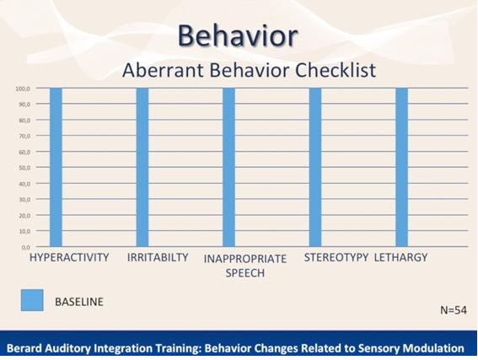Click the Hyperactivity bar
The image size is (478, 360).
pyautogui.click(x=56, y=167)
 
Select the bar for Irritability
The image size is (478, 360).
pyautogui.click(x=142, y=167)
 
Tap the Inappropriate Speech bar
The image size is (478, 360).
pyautogui.click(x=229, y=167)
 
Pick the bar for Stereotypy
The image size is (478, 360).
pyautogui.click(x=315, y=167)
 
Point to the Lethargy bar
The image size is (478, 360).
pyautogui.click(x=402, y=167)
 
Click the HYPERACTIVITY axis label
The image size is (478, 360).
pyautogui.click(x=69, y=258)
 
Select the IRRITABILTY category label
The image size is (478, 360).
pyautogui.click(x=158, y=258)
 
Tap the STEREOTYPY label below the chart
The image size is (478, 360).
pyautogui.click(x=336, y=258)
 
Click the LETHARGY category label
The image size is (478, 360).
pyautogui.click(x=400, y=258)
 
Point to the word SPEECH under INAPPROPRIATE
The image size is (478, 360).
pyautogui.click(x=245, y=273)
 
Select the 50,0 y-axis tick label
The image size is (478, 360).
pyautogui.click(x=24, y=168)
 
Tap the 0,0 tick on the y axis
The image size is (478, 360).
pyautogui.click(x=26, y=247)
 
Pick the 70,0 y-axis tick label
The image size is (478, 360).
pyautogui.click(x=24, y=136)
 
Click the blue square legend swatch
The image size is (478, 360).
pyautogui.click(x=32, y=300)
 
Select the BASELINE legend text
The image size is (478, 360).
pyautogui.click(x=79, y=302)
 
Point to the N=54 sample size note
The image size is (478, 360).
pyautogui.click(x=454, y=310)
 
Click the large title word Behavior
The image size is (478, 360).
pyautogui.click(x=238, y=35)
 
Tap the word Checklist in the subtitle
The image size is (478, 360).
pyautogui.click(x=336, y=70)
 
